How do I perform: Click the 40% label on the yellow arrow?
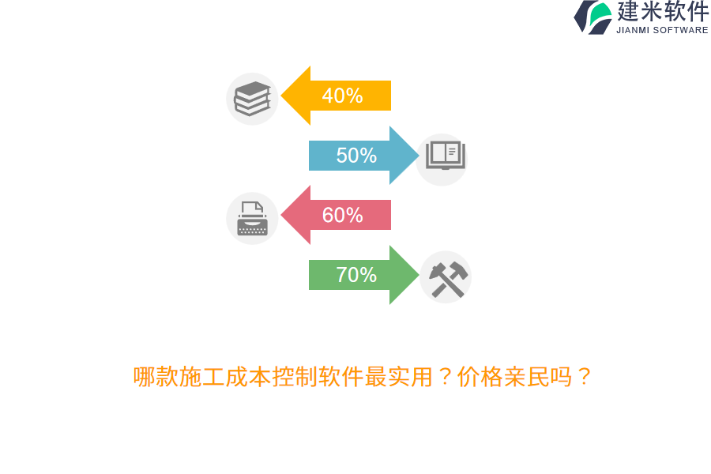tap(342, 96)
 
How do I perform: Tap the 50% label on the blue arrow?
tap(356, 156)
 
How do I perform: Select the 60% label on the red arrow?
tap(342, 215)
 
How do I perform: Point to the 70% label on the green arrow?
tap(356, 275)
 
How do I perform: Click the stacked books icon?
tap(252, 99)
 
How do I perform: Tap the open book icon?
tap(446, 156)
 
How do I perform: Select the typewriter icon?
tap(252, 219)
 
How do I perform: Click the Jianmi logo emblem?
tap(593, 17)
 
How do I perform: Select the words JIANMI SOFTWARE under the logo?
tap(662, 30)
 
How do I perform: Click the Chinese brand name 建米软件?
tap(662, 11)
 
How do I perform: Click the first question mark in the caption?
tap(445, 377)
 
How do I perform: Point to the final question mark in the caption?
tap(584, 377)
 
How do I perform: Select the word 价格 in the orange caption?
tap(480, 377)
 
